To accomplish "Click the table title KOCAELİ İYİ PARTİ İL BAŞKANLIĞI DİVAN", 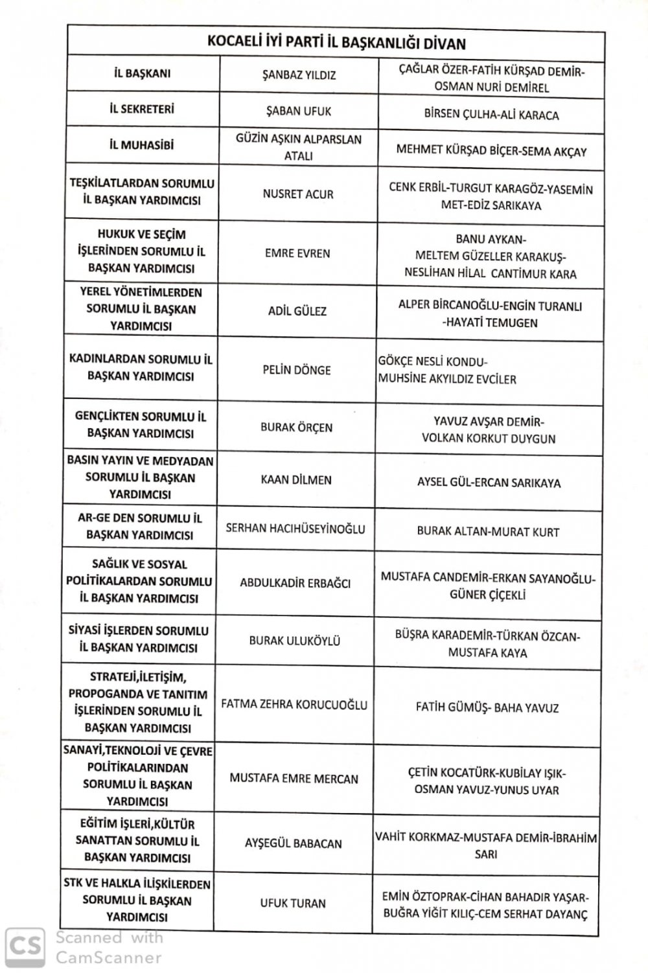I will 336,43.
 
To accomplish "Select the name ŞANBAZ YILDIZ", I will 299,74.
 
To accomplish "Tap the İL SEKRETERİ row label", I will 142,109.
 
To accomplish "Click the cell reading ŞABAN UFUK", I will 299,111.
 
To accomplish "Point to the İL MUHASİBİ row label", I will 141,145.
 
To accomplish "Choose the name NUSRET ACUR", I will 297,194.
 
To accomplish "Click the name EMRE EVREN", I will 297,253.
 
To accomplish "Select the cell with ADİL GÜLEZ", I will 297,311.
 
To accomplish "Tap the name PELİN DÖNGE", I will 297,370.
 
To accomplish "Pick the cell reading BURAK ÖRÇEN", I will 296,428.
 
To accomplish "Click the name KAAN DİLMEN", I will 296,480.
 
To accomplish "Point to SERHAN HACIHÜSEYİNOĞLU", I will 295,529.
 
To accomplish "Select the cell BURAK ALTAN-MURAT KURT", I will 488,532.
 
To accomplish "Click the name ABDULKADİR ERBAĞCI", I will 295,583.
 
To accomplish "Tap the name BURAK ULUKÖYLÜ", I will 295,641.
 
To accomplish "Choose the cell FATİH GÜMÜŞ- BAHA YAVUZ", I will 487,708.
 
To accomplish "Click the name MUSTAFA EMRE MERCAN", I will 294,778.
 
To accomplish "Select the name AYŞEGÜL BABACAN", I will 294,843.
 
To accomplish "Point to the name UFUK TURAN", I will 293,903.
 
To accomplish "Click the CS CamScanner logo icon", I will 25,946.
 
